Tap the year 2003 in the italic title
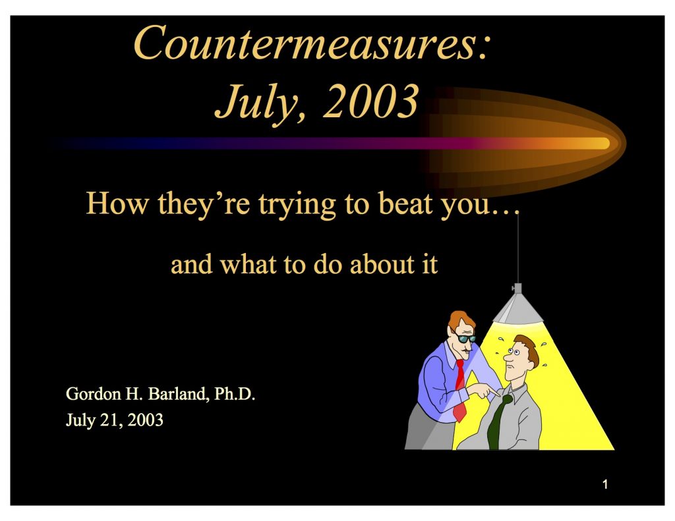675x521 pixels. [370, 102]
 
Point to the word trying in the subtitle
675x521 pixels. [297, 205]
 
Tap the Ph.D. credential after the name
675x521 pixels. [235, 394]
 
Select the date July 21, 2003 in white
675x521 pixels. [115, 420]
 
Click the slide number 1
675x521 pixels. [605, 484]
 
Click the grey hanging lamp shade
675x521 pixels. [518, 308]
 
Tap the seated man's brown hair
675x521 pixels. [529, 348]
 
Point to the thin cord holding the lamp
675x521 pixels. [518, 249]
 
